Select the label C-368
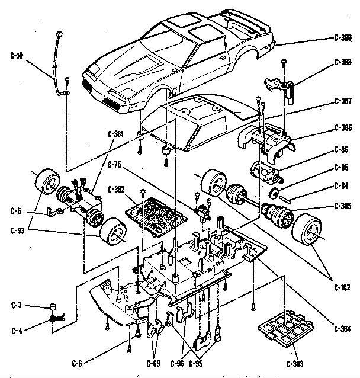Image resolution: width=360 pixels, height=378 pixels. click(343, 62)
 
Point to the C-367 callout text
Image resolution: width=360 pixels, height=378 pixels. click(343, 101)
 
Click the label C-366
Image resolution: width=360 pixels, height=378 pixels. click(343, 127)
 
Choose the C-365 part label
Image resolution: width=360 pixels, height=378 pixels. click(343, 206)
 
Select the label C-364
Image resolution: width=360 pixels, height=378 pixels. click(343, 329)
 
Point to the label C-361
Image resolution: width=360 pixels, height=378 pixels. click(116, 134)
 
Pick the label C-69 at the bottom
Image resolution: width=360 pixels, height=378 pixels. click(153, 363)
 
